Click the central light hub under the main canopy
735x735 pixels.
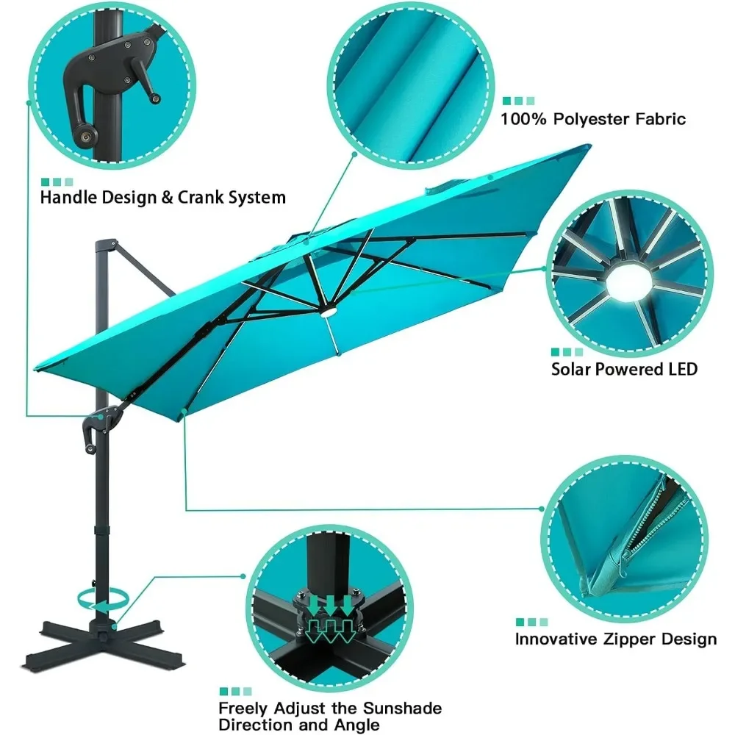326,314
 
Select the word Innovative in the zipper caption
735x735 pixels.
556,639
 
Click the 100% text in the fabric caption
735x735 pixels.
523,118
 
